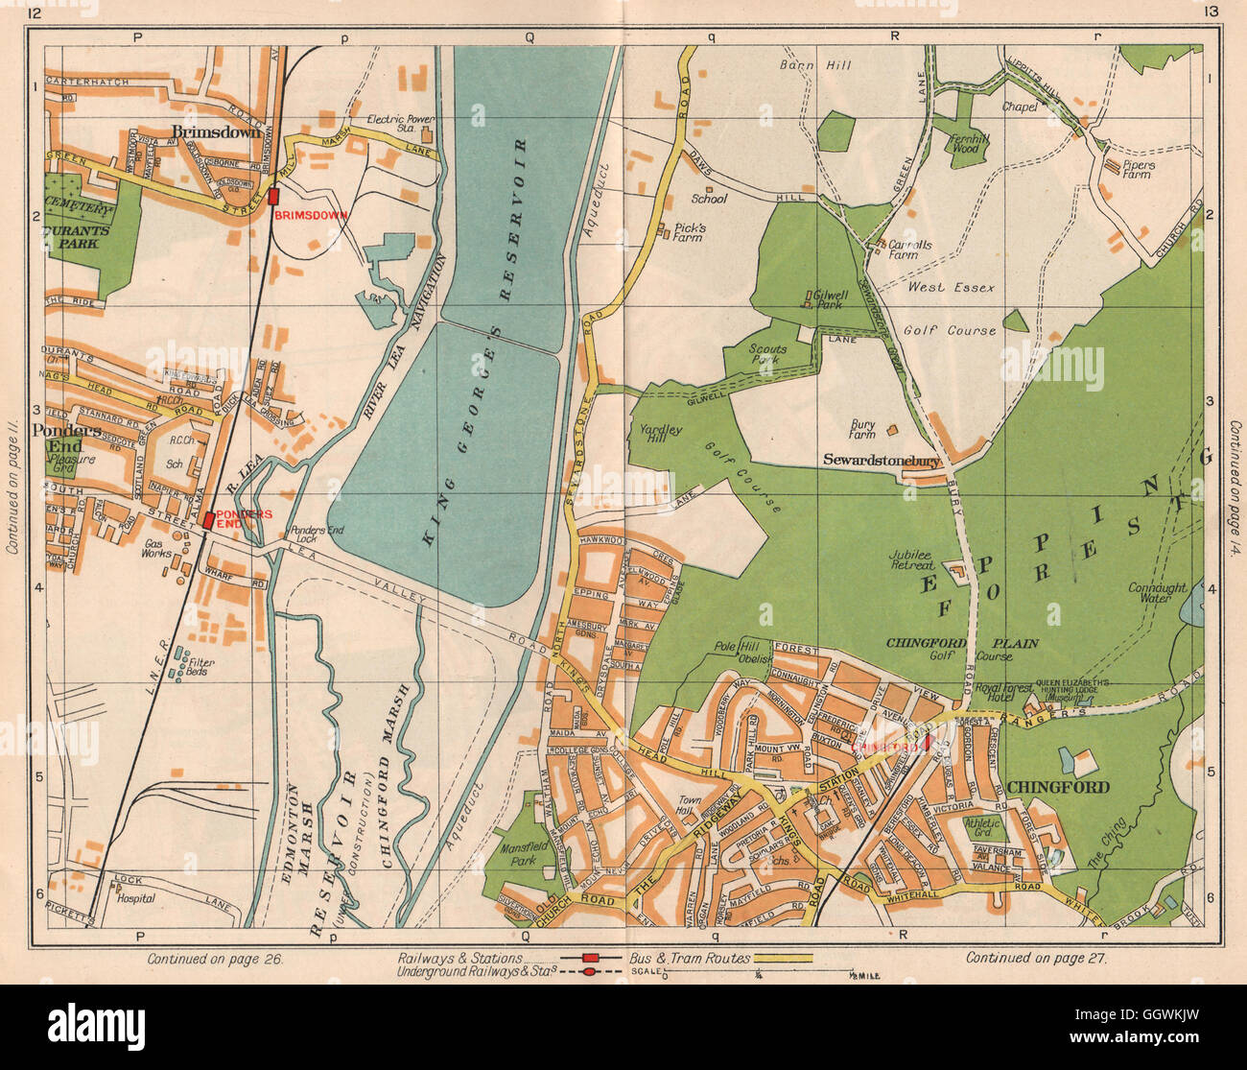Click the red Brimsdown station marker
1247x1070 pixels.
274,196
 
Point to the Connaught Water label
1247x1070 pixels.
1157,593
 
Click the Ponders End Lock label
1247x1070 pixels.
317,534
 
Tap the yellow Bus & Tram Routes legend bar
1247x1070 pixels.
784,958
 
